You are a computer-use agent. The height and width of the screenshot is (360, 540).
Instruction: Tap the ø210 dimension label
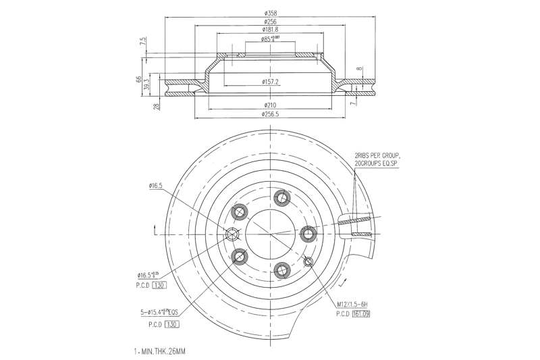[270, 105]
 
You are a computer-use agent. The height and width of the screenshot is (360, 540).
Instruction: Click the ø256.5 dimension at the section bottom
[270, 114]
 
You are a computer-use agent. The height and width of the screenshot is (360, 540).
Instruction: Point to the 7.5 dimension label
[143, 42]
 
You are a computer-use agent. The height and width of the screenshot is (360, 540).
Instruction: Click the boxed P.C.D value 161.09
[364, 314]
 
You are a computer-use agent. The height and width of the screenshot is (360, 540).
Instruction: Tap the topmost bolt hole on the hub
[281, 197]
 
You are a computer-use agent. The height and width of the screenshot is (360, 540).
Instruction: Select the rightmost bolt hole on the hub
[308, 234]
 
